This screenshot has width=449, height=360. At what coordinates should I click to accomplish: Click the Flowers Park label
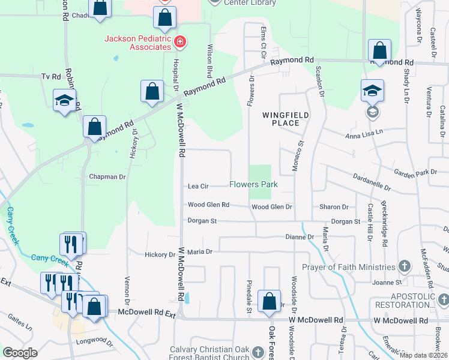253,184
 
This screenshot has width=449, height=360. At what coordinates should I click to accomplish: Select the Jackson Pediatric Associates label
138,42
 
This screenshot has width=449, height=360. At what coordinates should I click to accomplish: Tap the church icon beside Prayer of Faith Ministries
405,266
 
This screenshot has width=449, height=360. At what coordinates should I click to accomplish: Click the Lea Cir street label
198,186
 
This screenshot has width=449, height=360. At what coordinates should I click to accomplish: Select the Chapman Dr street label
107,177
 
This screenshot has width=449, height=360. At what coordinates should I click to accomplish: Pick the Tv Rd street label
51,77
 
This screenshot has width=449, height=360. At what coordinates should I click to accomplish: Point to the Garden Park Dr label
415,173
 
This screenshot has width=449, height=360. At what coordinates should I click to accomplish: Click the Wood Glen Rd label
208,205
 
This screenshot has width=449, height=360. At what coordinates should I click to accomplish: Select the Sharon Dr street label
334,207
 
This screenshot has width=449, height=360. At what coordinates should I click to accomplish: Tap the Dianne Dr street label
300,238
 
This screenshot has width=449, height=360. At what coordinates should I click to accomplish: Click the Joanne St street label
386,282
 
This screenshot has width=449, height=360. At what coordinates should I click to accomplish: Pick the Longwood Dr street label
95,344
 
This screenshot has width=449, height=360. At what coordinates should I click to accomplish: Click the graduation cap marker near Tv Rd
65,100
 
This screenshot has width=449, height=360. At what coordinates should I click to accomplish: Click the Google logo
20,353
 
